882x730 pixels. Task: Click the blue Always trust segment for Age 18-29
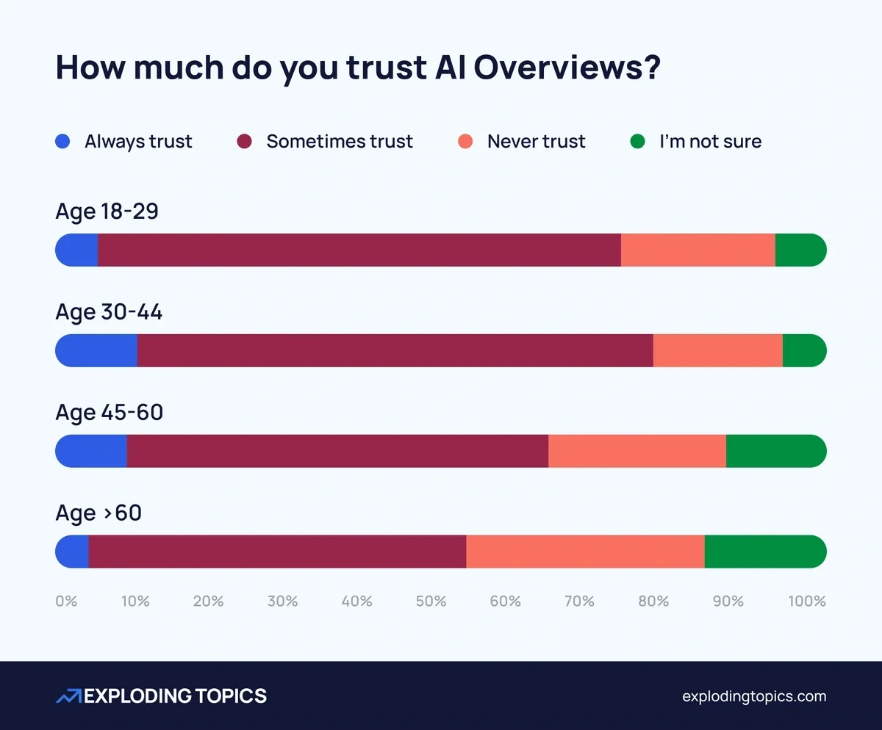click(77, 250)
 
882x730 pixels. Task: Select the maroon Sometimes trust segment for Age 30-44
click(395, 350)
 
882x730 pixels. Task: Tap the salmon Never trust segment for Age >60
click(585, 552)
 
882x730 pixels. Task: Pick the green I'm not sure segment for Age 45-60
click(775, 451)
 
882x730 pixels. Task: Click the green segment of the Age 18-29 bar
click(800, 250)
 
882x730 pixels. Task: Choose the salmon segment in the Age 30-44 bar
click(717, 350)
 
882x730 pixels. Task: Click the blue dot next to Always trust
click(62, 141)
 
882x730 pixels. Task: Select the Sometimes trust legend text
click(340, 141)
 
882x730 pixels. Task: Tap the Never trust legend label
click(536, 141)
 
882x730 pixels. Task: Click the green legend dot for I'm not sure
click(637, 141)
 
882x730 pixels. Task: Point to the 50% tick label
click(431, 601)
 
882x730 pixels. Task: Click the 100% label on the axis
click(807, 601)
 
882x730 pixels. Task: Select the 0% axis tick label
click(66, 601)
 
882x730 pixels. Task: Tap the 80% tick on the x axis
click(653, 601)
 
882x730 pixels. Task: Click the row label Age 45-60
click(110, 413)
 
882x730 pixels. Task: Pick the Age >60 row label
click(98, 513)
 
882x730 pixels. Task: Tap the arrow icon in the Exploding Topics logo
click(69, 696)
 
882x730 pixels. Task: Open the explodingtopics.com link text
click(753, 696)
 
